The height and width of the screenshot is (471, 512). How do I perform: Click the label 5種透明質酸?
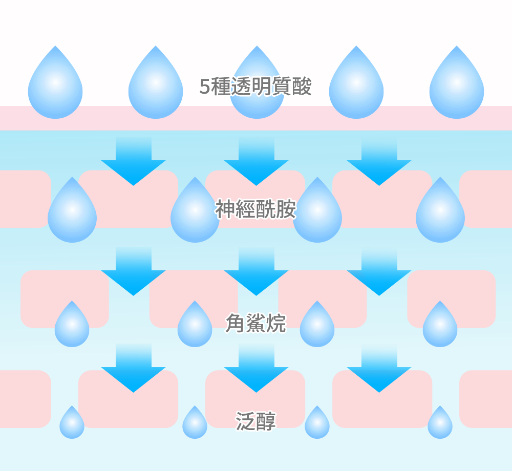click(255, 87)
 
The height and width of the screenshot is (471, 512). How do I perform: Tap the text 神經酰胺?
click(255, 209)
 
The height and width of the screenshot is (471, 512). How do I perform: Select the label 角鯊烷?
click(255, 324)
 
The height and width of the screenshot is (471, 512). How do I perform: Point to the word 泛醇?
click(255, 421)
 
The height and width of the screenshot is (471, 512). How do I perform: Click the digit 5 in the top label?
click(204, 88)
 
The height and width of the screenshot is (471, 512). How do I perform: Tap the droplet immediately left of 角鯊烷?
click(195, 326)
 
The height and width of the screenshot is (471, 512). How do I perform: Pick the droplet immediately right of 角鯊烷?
click(317, 326)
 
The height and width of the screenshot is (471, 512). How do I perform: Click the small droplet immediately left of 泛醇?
click(195, 424)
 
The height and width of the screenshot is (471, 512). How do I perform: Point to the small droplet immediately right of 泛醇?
click(317, 424)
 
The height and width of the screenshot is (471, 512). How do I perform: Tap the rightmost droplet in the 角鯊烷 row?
click(440, 326)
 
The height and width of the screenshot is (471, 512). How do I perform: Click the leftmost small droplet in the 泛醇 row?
click(72, 424)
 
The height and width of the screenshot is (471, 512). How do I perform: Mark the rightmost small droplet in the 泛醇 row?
click(440, 424)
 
